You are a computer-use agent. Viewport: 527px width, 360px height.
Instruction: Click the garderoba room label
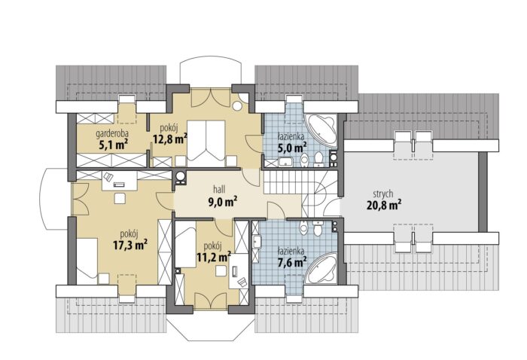(x=112, y=135)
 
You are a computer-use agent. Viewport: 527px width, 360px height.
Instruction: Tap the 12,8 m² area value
(x=169, y=139)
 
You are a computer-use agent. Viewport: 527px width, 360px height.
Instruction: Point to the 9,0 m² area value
(x=223, y=202)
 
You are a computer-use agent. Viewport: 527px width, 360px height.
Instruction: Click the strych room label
(x=383, y=194)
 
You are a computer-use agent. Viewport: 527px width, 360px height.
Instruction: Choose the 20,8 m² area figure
(x=384, y=205)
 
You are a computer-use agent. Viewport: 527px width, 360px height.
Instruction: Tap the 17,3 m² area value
(x=130, y=245)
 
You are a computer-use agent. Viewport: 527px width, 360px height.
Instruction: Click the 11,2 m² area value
(x=213, y=257)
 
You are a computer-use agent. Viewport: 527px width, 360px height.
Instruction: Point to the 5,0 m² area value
(x=292, y=147)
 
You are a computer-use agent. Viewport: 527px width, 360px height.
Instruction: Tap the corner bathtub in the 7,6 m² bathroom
(x=322, y=269)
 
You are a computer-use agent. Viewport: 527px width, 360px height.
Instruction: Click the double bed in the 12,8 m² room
(x=206, y=144)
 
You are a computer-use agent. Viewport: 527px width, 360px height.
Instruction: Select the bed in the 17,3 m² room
(x=87, y=258)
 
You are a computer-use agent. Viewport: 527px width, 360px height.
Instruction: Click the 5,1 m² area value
(x=112, y=145)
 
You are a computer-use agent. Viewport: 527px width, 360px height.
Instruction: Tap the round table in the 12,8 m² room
(x=238, y=106)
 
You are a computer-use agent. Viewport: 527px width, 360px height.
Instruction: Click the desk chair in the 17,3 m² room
(x=108, y=177)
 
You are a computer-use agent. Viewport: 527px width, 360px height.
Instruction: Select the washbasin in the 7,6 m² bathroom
(x=257, y=242)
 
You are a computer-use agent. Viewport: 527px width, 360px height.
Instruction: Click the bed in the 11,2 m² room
(x=186, y=244)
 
